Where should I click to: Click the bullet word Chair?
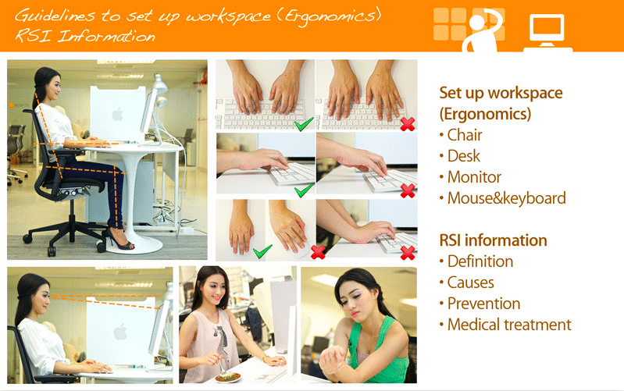(465, 135)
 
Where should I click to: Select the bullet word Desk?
(464, 156)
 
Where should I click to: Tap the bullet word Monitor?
(474, 177)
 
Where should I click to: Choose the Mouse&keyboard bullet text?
(507, 198)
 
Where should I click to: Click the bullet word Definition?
(480, 261)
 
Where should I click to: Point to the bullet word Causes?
(470, 283)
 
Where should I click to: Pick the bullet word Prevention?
(483, 304)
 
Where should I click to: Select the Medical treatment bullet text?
(509, 325)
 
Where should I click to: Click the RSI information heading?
(493, 240)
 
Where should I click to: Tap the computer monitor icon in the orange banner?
(547, 33)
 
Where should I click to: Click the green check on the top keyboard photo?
(304, 124)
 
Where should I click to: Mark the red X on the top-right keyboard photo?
(408, 124)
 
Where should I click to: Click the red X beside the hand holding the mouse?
(318, 252)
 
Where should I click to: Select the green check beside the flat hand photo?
(262, 251)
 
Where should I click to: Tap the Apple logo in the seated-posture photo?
(117, 115)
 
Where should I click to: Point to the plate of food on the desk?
(228, 376)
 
